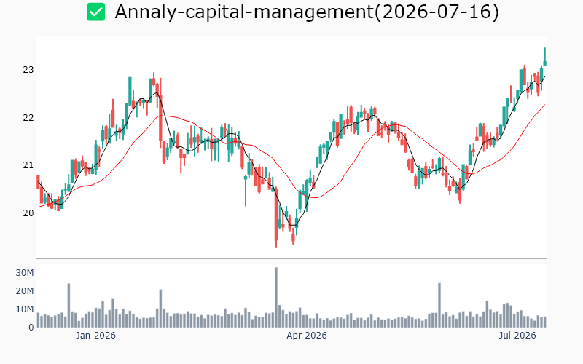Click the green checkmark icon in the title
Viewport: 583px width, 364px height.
pyautogui.click(x=96, y=12)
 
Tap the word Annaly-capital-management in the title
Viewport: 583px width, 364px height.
pyautogui.click(x=244, y=12)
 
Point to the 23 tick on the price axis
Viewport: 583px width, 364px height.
pyautogui.click(x=28, y=69)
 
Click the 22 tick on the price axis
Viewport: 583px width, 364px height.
pyautogui.click(x=28, y=118)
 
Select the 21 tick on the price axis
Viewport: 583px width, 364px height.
pyautogui.click(x=28, y=165)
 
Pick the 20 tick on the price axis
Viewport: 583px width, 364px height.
pyautogui.click(x=28, y=213)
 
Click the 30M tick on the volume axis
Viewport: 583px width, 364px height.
pyautogui.click(x=25, y=273)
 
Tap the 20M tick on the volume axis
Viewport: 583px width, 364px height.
pyautogui.click(x=25, y=291)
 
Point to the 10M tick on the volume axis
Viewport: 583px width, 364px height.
pyautogui.click(x=25, y=309)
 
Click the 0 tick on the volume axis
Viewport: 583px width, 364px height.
pyautogui.click(x=31, y=328)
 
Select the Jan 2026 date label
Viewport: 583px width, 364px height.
pyautogui.click(x=95, y=336)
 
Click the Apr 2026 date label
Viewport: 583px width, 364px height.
pyautogui.click(x=307, y=336)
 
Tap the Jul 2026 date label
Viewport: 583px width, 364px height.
pyautogui.click(x=517, y=336)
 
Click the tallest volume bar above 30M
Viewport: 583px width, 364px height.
pyautogui.click(x=276, y=298)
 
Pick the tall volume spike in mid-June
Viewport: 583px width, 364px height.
pyautogui.click(x=439, y=305)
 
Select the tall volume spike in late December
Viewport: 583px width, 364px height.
pyautogui.click(x=69, y=306)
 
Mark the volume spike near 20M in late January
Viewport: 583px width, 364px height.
pyautogui.click(x=160, y=309)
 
